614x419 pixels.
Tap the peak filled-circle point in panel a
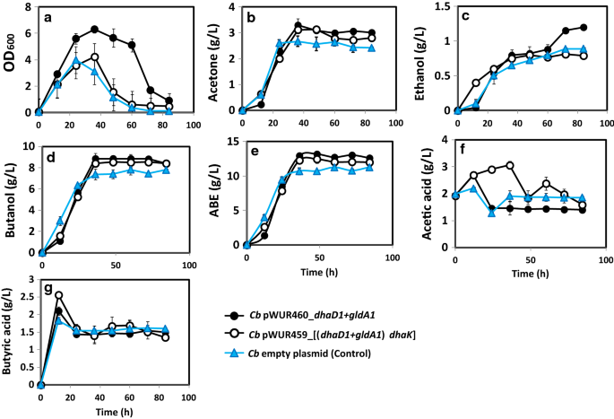(94, 30)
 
